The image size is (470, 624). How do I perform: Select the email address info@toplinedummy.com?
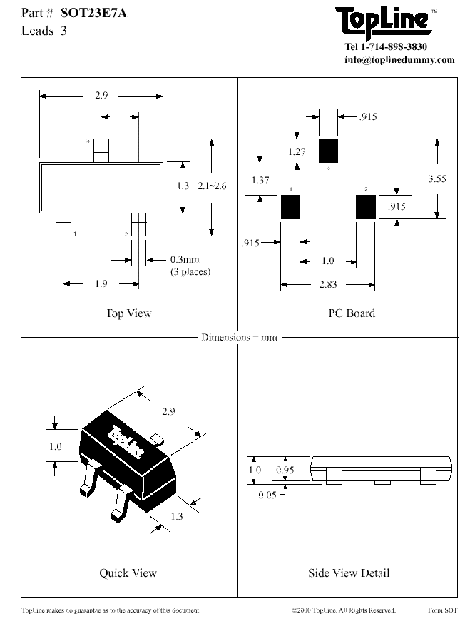[399, 60]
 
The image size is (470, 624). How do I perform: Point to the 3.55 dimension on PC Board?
[436, 179]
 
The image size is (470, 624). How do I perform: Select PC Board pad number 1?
[290, 207]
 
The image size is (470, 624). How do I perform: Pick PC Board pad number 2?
[365, 207]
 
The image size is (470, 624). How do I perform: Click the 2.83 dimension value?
[327, 285]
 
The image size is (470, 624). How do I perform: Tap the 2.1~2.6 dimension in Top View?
[212, 186]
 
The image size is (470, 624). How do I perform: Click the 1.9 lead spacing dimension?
[101, 284]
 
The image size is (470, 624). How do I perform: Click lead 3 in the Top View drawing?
[101, 150]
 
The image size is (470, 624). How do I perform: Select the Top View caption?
[128, 313]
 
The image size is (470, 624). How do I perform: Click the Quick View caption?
[128, 573]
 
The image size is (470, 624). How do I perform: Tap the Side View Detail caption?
[349, 573]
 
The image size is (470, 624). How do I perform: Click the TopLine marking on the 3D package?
[126, 442]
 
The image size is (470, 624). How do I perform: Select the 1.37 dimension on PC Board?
[260, 181]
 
